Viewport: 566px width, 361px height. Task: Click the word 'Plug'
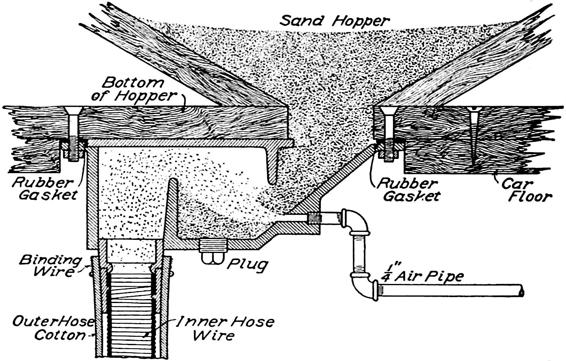pyautogui.click(x=247, y=264)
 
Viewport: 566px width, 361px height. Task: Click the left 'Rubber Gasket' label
pyautogui.click(x=43, y=189)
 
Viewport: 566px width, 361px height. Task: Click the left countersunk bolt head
pyautogui.click(x=73, y=110)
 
